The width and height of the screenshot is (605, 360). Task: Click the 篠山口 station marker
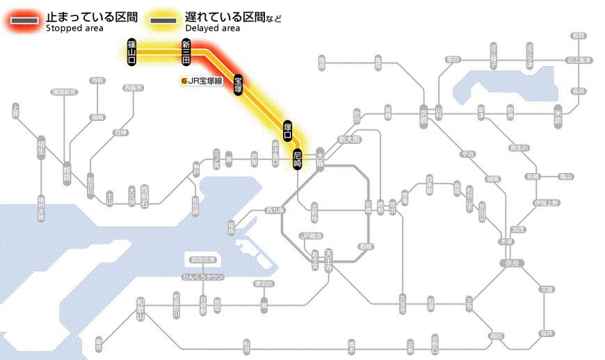(x=131, y=52)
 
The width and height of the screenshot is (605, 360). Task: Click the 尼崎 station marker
(x=298, y=159)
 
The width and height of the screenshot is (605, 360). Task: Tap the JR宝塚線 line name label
(x=203, y=81)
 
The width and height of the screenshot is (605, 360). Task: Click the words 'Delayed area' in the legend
(x=213, y=28)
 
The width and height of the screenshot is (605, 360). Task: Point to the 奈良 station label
(x=510, y=264)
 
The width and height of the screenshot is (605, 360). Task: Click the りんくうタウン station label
(x=202, y=277)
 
